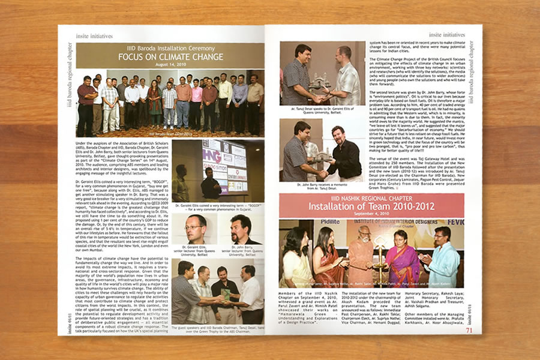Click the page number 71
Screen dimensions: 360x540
[469, 329]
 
